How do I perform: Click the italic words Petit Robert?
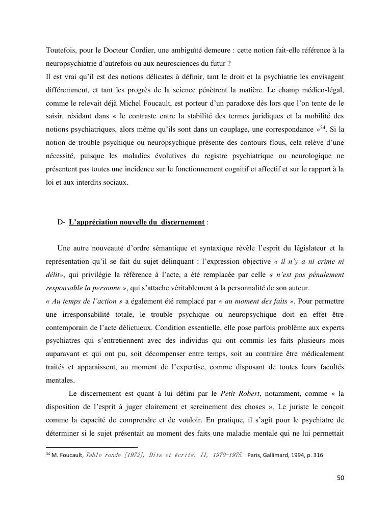(239, 393)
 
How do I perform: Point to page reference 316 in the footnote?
(318, 455)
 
